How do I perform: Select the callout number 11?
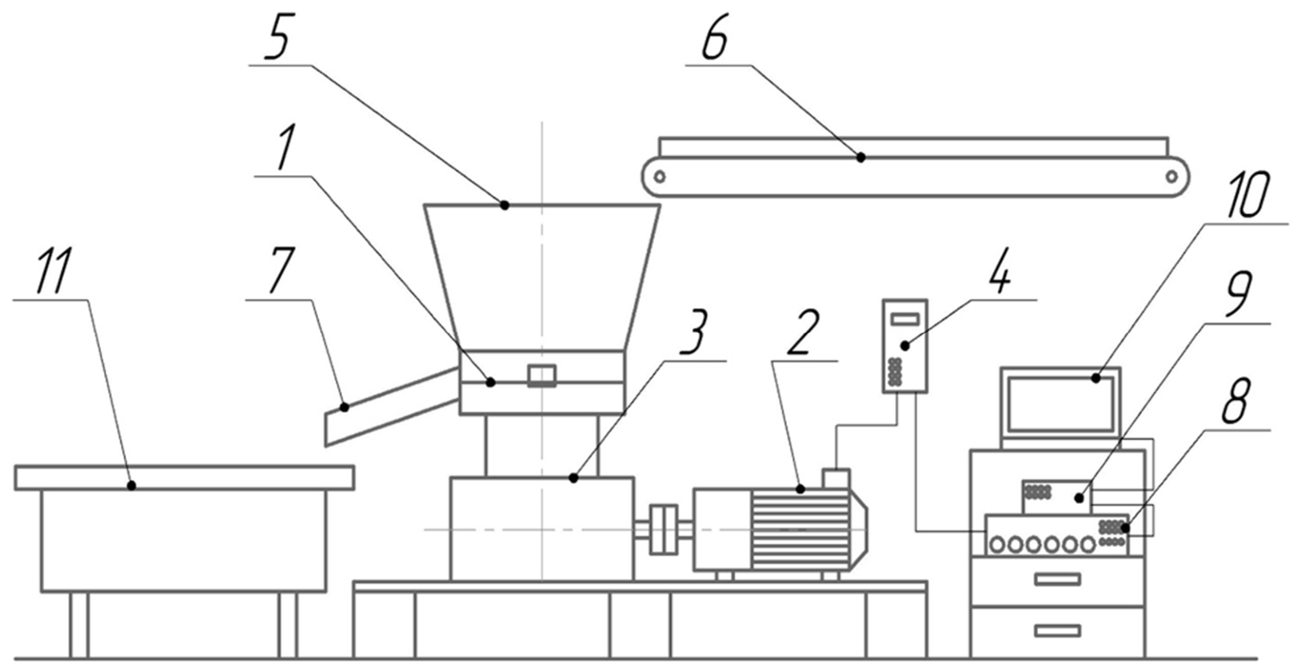[x=54, y=271]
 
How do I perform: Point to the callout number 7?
[x=283, y=271]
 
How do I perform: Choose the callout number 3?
[x=695, y=333]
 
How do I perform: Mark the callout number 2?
[x=804, y=333]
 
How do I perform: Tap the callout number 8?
[x=1235, y=402]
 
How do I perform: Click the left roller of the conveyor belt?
[x=659, y=176]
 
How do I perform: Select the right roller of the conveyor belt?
[x=1171, y=176]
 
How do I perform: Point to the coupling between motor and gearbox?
[x=664, y=530]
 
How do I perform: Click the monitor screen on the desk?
[x=1060, y=405]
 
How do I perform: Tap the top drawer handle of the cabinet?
[x=1058, y=578]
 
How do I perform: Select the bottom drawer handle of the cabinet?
[x=1058, y=630]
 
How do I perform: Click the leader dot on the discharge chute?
[x=345, y=407]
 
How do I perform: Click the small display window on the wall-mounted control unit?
[x=905, y=318]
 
